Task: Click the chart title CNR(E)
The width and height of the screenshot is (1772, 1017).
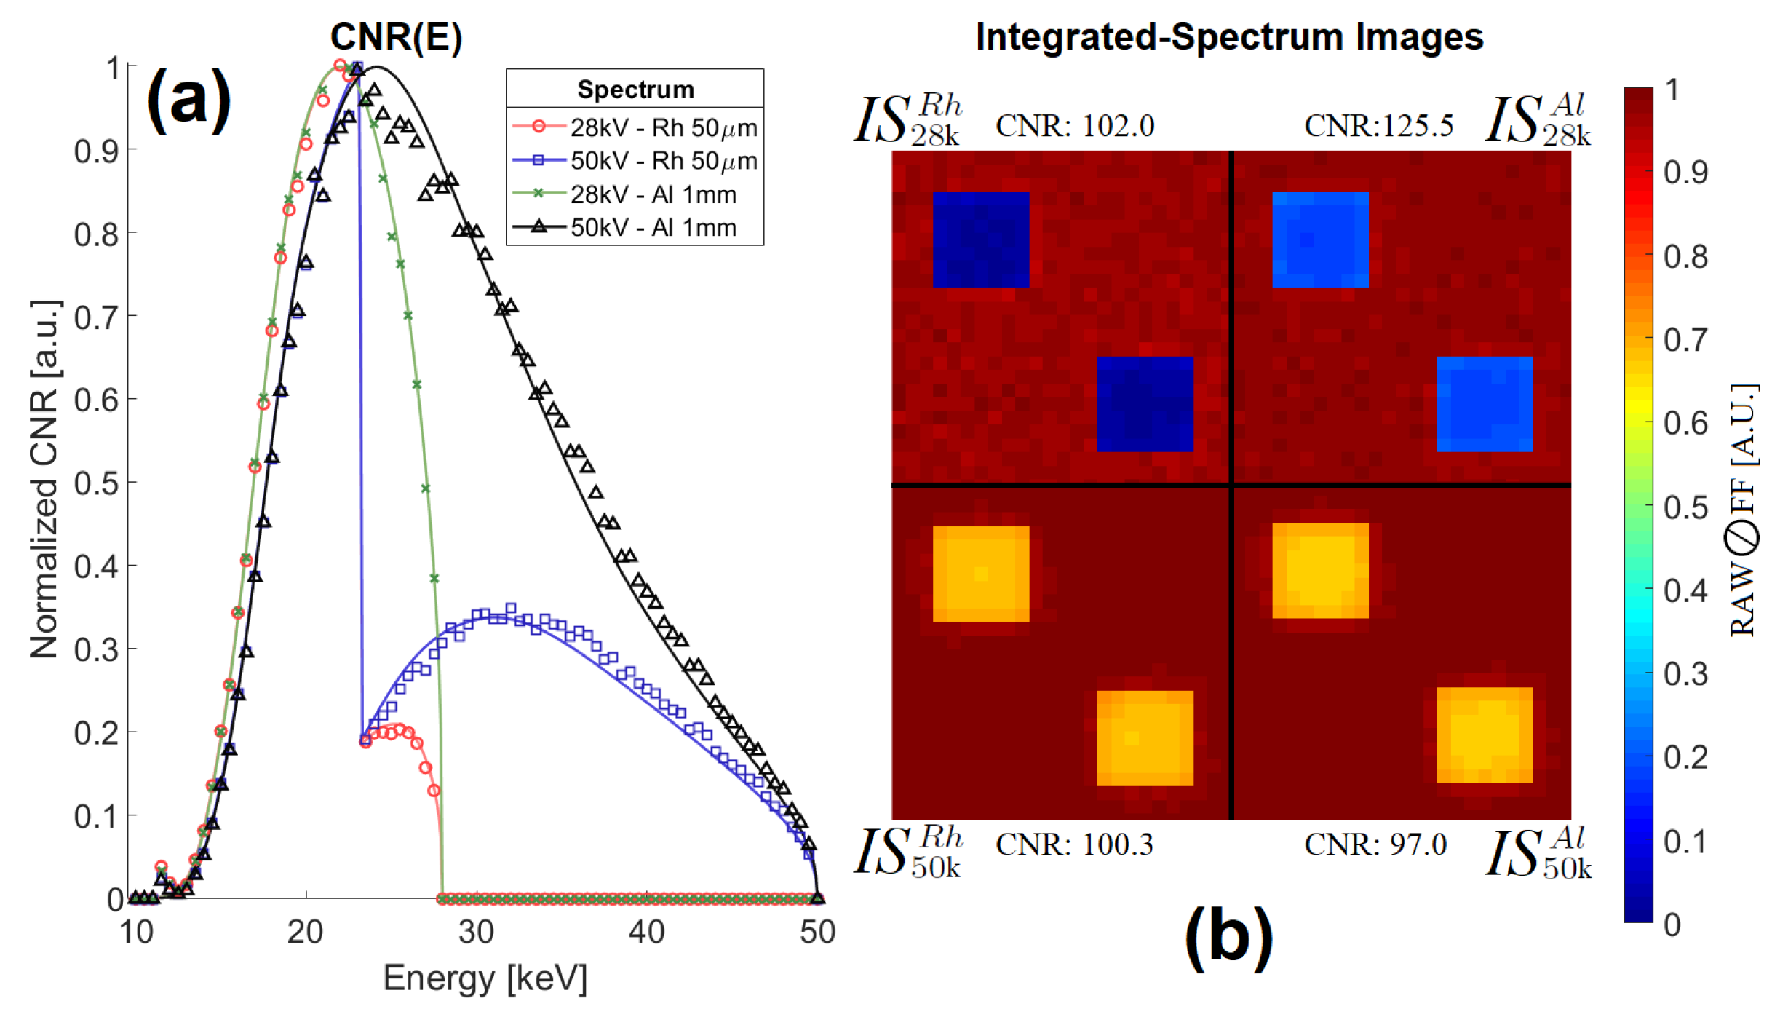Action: click(x=396, y=36)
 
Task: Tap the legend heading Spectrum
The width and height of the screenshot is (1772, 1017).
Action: click(x=635, y=90)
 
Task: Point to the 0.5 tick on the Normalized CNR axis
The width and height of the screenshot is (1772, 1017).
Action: click(x=96, y=483)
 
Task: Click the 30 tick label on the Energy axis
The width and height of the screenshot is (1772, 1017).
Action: click(x=476, y=933)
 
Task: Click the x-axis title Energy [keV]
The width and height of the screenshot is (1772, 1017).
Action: click(x=485, y=978)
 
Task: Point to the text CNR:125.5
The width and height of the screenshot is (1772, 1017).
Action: click(x=1378, y=126)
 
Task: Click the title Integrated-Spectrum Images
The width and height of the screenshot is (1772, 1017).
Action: click(x=1229, y=36)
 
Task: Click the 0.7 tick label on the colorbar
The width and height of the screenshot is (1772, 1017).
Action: click(x=1685, y=340)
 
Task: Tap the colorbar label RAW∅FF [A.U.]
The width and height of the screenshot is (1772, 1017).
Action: click(x=1742, y=510)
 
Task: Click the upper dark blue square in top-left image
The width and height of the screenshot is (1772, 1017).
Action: click(x=980, y=240)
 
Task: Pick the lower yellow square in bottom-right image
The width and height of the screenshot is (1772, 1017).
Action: click(x=1484, y=735)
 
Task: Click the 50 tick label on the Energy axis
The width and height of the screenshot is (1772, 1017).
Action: click(x=817, y=933)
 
